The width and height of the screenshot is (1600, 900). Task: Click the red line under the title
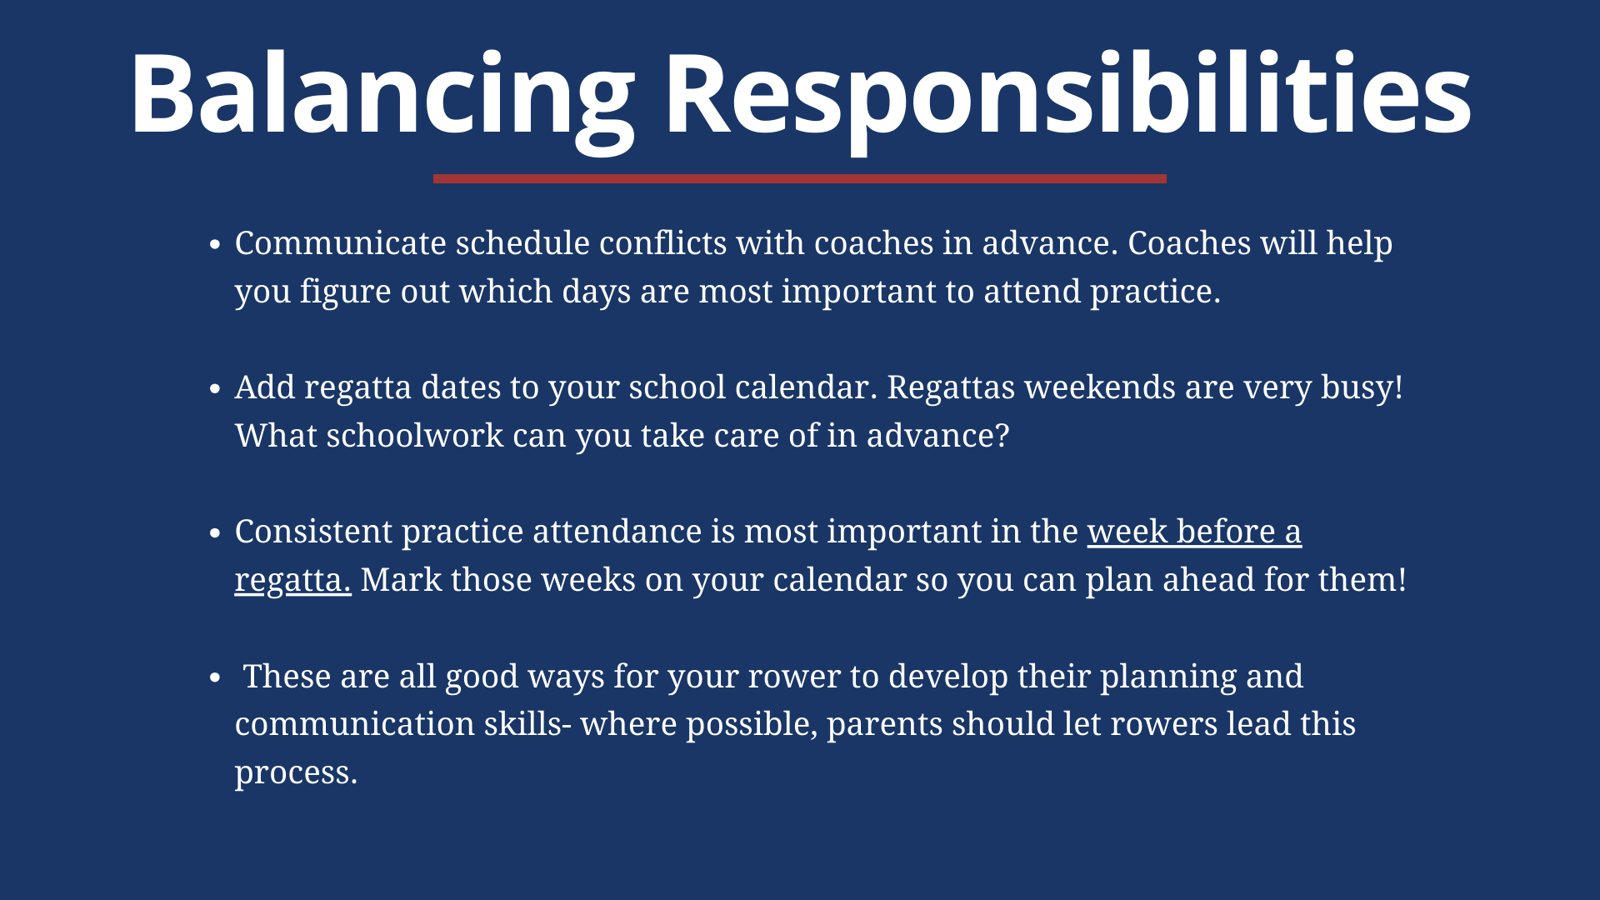point(800,178)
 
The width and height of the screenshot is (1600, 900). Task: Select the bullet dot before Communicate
point(215,245)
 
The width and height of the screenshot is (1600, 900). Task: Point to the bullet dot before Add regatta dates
point(215,389)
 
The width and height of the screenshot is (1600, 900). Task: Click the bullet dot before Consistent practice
point(215,533)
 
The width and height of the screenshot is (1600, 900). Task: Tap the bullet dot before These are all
point(215,677)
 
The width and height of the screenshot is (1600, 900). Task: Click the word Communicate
point(341,243)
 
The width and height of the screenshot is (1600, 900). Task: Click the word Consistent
point(313,532)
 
